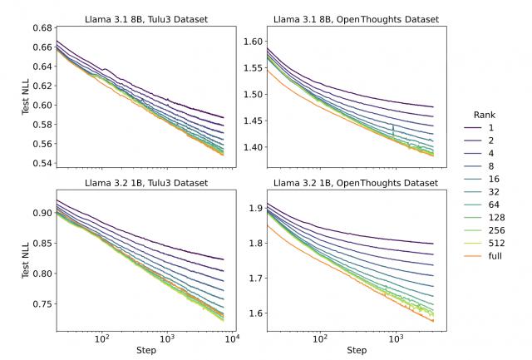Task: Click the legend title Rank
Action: click(485, 114)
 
